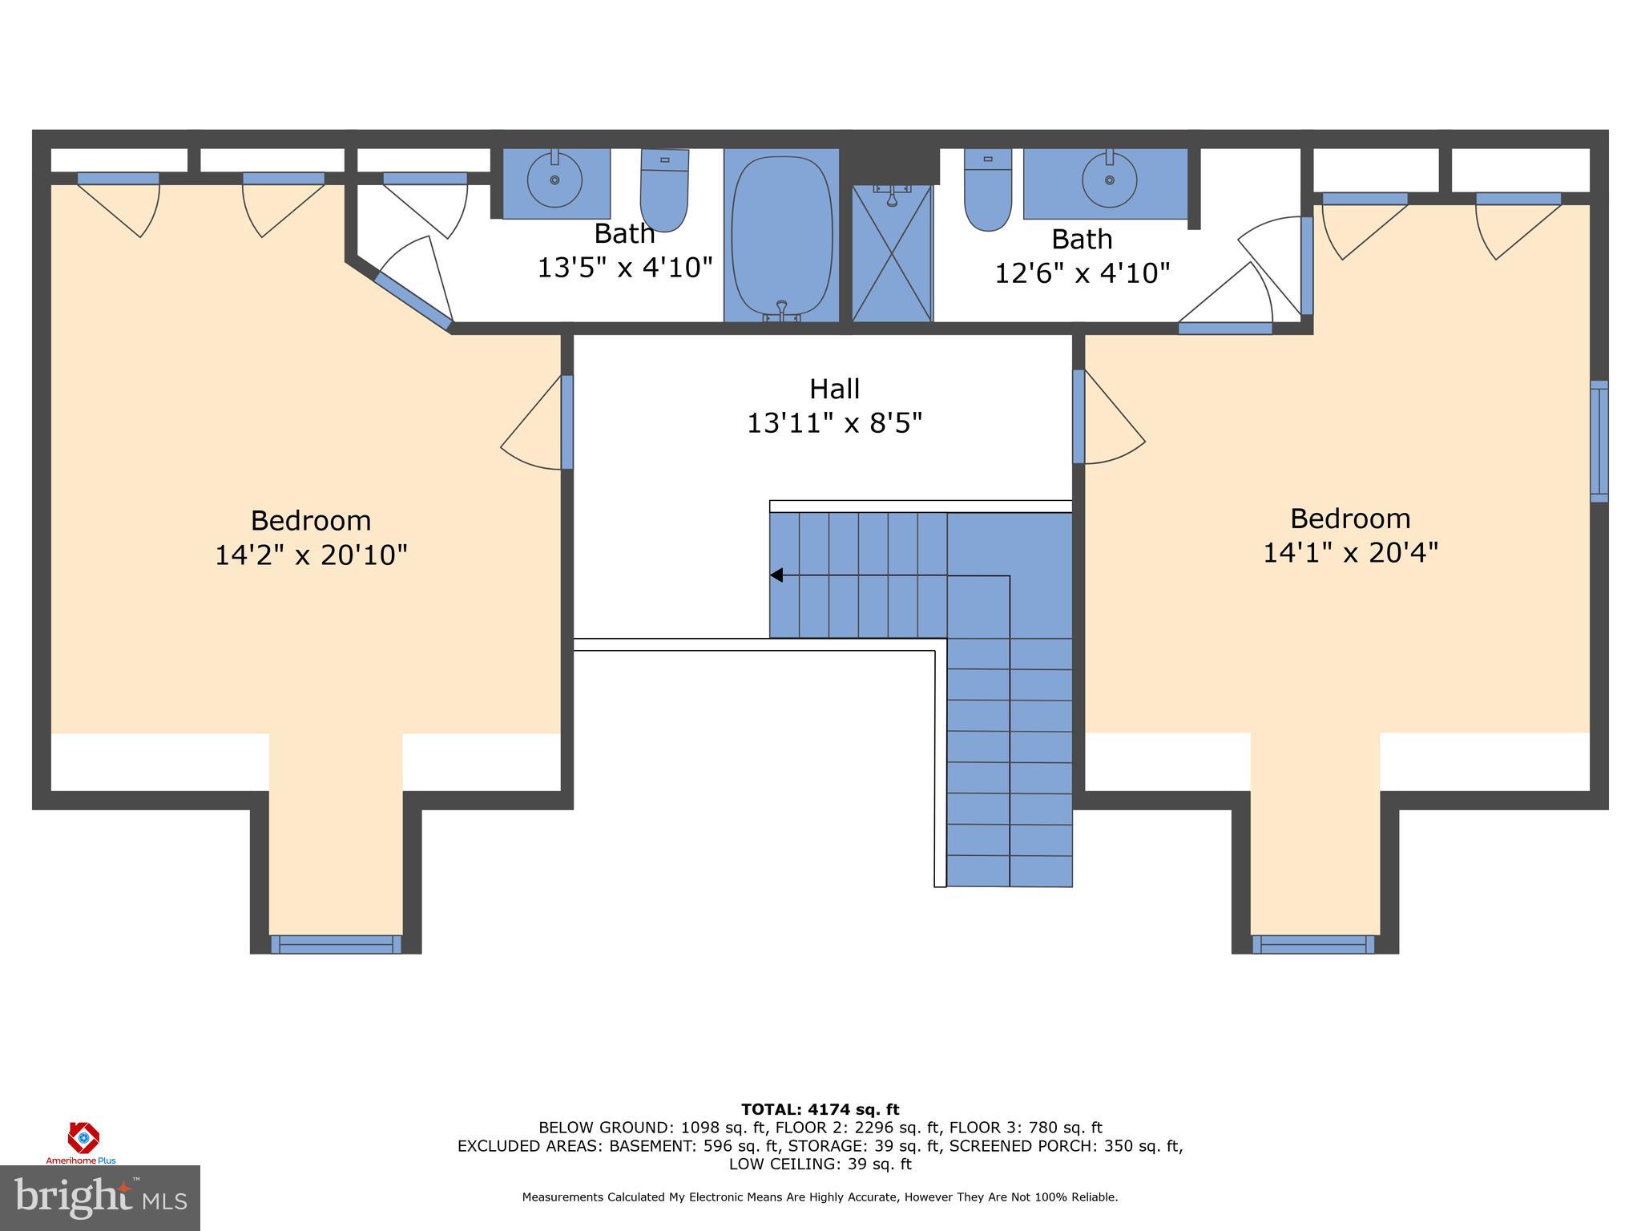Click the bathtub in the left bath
click(x=781, y=236)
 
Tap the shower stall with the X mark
click(x=892, y=253)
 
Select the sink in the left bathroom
click(x=554, y=181)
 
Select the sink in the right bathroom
click(x=1109, y=181)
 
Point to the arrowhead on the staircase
click(x=776, y=575)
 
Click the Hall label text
click(x=834, y=389)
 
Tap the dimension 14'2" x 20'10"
click(x=311, y=555)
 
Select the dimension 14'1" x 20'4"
click(x=1350, y=553)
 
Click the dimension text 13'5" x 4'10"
click(x=624, y=268)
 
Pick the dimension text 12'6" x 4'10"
click(x=1082, y=273)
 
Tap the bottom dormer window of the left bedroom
click(x=336, y=944)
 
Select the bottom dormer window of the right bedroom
click(x=1313, y=944)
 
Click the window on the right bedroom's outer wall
click(x=1599, y=442)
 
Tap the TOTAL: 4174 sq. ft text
click(x=820, y=1109)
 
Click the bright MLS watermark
click(x=100, y=1197)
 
